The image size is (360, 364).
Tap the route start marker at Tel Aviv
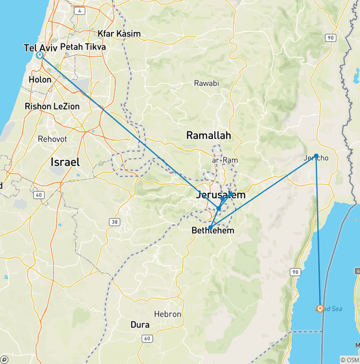pyautogui.click(x=40, y=55)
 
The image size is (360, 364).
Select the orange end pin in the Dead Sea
pyautogui.click(x=320, y=309)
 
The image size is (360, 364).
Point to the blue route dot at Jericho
pyautogui.click(x=316, y=155)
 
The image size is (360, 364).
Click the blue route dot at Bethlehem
pyautogui.click(x=210, y=227)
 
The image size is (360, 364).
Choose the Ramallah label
pyautogui.click(x=209, y=136)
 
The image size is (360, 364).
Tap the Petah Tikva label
pyautogui.click(x=83, y=47)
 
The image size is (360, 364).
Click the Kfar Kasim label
pyautogui.click(x=119, y=34)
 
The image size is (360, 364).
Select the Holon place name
pyautogui.click(x=40, y=80)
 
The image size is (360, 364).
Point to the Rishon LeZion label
pyautogui.click(x=52, y=106)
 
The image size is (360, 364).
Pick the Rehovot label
pyautogui.click(x=52, y=139)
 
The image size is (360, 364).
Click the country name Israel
pyautogui.click(x=65, y=162)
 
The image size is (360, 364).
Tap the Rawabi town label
pyautogui.click(x=207, y=83)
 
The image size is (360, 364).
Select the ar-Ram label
pyautogui.click(x=225, y=160)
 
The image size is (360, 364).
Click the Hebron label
pyautogui.click(x=167, y=314)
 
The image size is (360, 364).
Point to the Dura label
pyautogui.click(x=140, y=325)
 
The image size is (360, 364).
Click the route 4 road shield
pyautogui.click(x=80, y=10)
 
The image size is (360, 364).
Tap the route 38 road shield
pyautogui.click(x=113, y=221)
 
